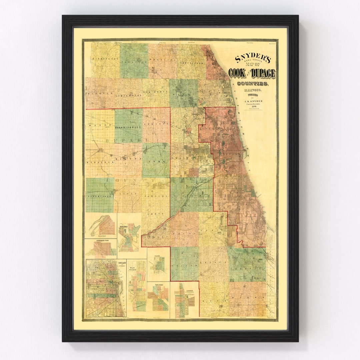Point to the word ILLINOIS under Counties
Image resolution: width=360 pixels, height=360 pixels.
click(252, 90)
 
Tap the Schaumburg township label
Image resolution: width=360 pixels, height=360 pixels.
click(128, 96)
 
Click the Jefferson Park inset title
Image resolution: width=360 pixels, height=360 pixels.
click(100, 240)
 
